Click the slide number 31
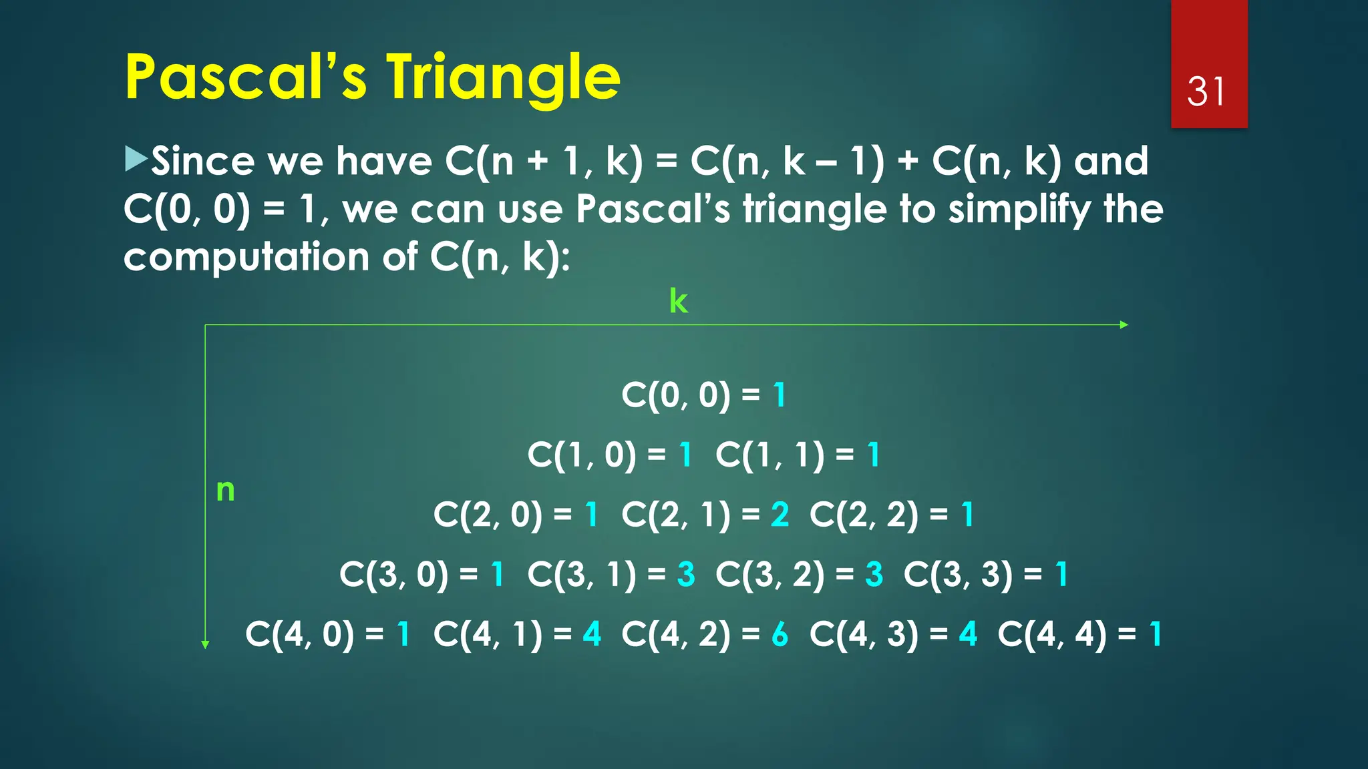[1206, 91]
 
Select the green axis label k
[678, 302]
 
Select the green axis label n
[226, 491]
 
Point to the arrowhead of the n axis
[205, 644]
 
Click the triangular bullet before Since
[136, 160]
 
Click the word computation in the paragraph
[246, 258]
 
